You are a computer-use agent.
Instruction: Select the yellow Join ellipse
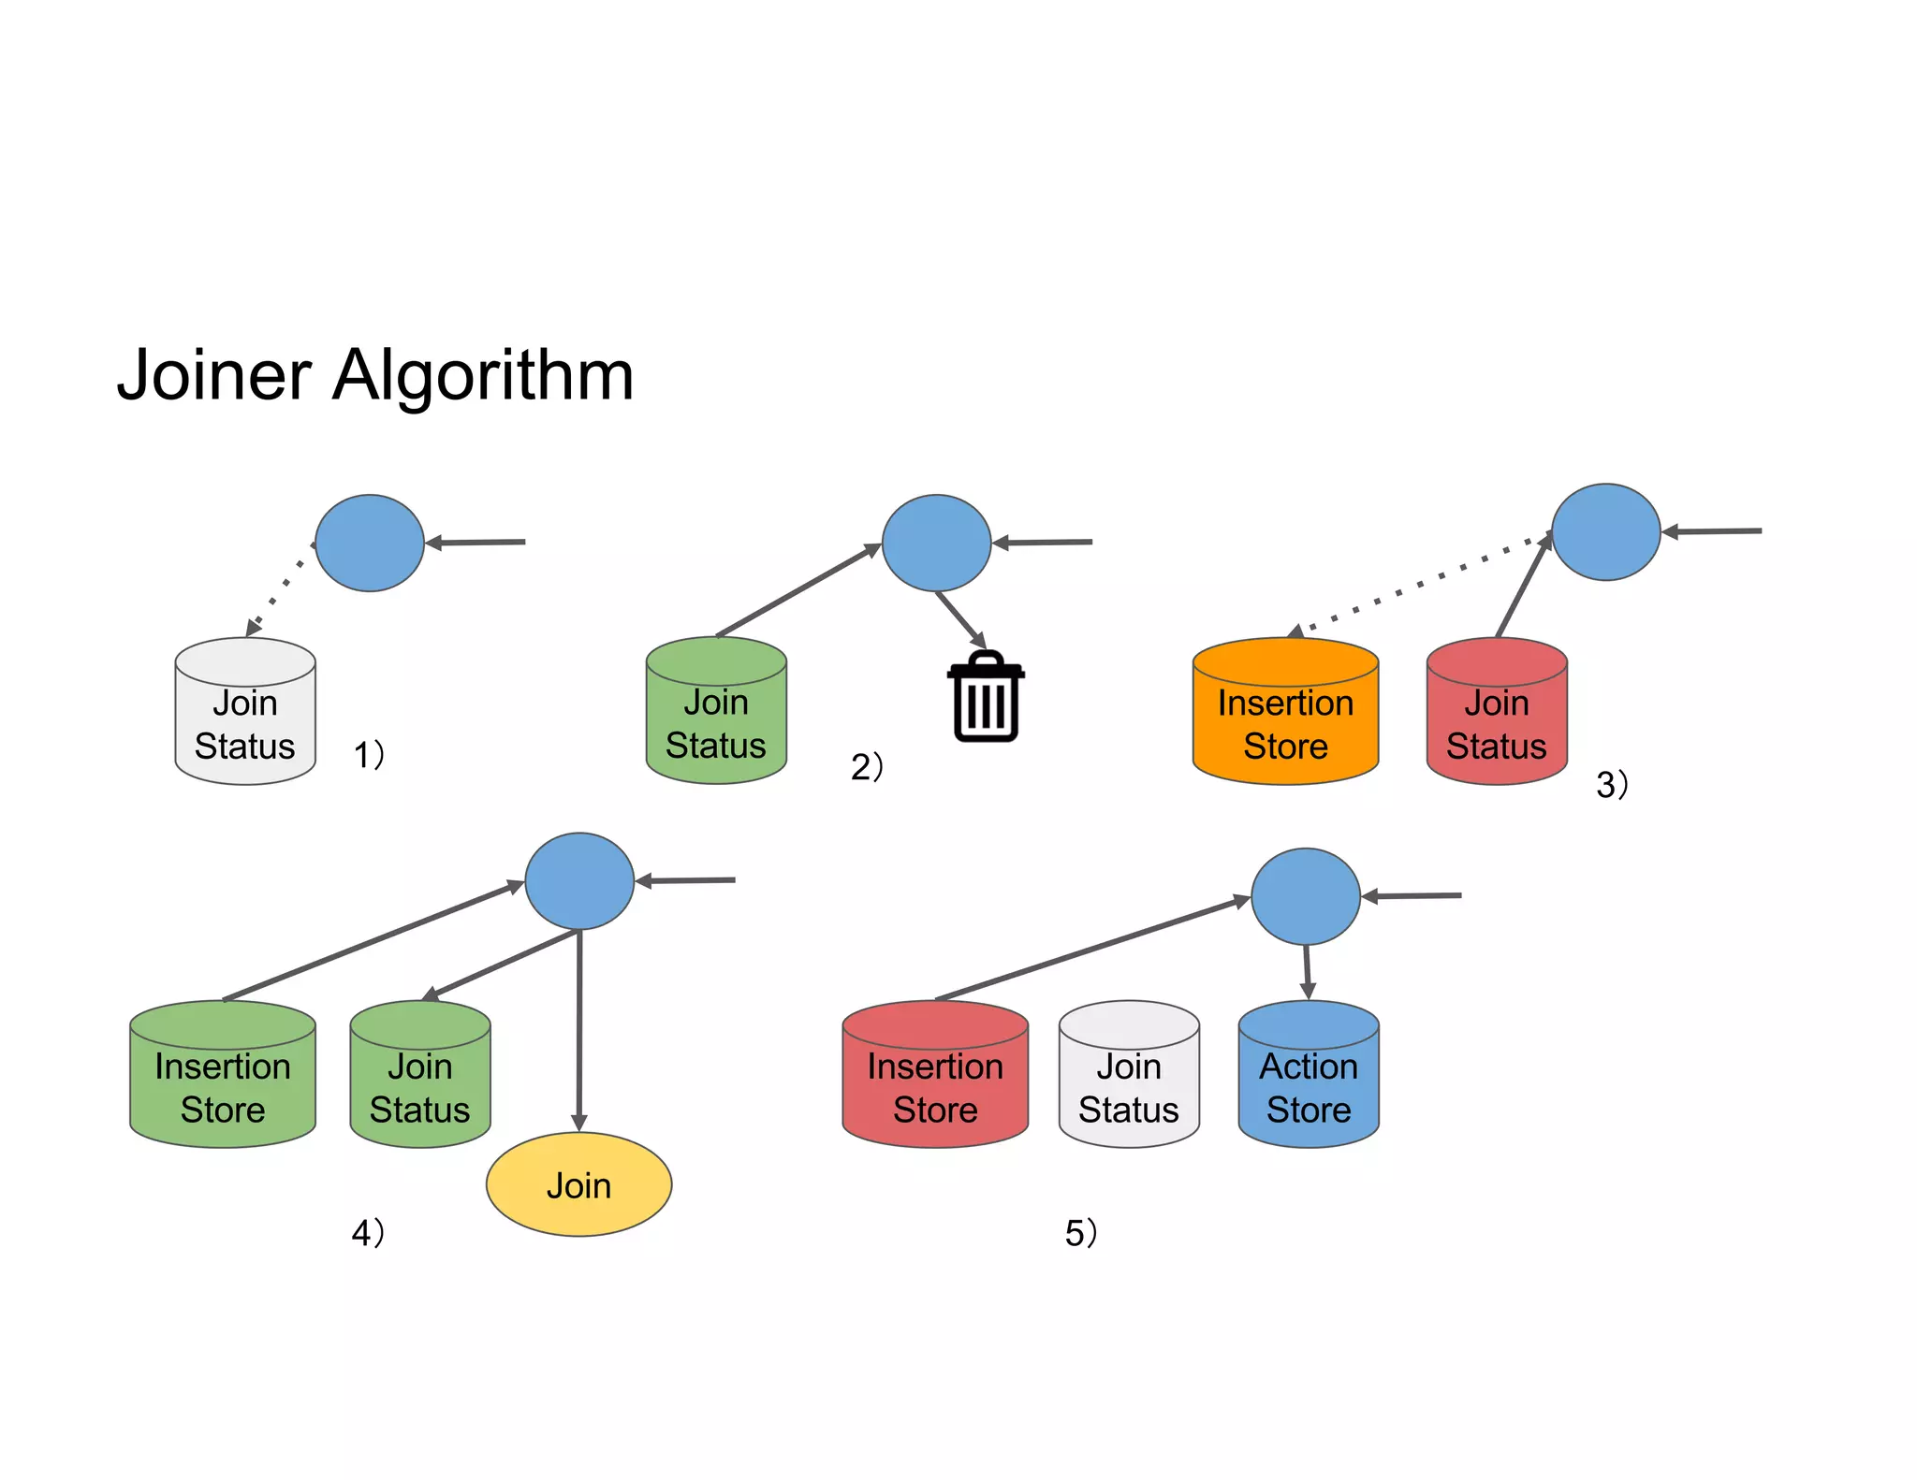click(x=578, y=1184)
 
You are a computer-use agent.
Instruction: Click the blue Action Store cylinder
click(x=1308, y=1076)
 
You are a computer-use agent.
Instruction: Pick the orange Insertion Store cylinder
click(x=1285, y=713)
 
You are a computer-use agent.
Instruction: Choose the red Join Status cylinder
click(x=1496, y=713)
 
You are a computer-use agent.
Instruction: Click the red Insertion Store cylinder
click(x=934, y=1076)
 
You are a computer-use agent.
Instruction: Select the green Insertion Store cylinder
click(x=223, y=1076)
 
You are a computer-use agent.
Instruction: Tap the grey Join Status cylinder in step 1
click(x=244, y=713)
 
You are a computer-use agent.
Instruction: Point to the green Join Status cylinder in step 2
click(x=715, y=713)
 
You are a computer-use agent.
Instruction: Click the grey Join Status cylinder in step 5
click(x=1128, y=1076)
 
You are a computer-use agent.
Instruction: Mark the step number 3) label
click(x=1611, y=784)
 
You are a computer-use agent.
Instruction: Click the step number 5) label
click(x=1080, y=1233)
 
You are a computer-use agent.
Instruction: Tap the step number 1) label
click(x=368, y=754)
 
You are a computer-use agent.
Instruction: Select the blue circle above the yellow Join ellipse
click(x=579, y=880)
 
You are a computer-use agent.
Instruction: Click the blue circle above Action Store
click(x=1305, y=896)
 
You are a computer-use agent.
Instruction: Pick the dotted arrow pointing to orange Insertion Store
click(x=1418, y=586)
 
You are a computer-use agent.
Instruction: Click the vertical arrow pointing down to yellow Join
click(x=579, y=1029)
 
